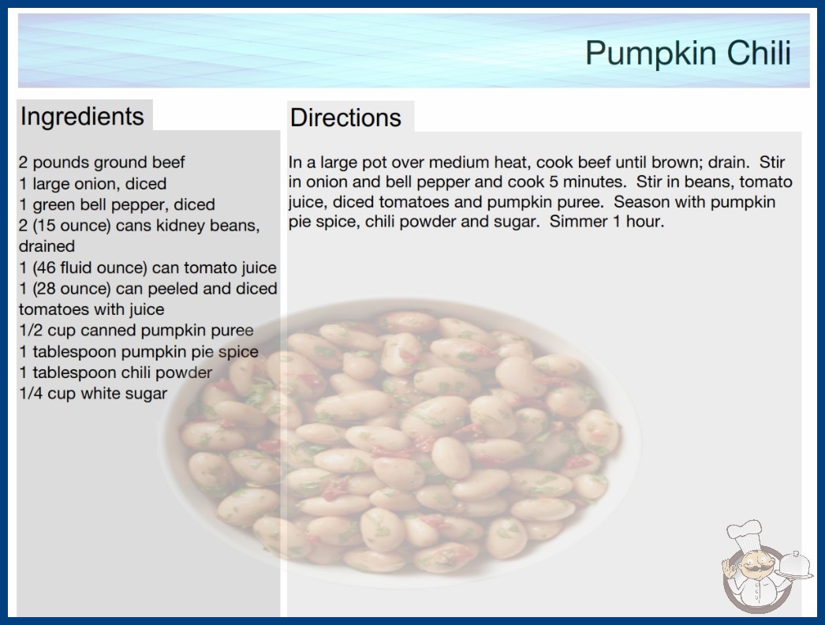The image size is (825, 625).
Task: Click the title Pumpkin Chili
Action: click(x=688, y=53)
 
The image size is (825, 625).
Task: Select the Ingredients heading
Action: click(x=82, y=117)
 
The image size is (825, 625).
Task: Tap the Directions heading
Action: click(x=345, y=118)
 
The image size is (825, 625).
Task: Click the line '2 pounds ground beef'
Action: click(x=102, y=163)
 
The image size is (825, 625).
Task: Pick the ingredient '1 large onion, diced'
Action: click(x=92, y=184)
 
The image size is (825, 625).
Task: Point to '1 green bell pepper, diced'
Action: click(x=117, y=204)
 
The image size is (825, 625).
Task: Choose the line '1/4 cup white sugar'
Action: click(x=93, y=393)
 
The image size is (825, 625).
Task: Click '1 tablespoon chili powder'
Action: click(x=116, y=372)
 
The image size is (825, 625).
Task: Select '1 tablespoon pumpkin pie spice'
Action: click(x=139, y=351)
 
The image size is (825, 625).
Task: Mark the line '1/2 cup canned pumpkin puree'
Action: click(x=136, y=330)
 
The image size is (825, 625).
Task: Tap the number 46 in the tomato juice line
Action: click(x=45, y=268)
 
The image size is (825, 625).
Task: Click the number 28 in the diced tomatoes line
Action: click(x=45, y=289)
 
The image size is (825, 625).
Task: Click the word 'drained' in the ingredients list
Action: click(x=47, y=246)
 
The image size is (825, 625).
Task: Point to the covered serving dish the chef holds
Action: click(x=795, y=565)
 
